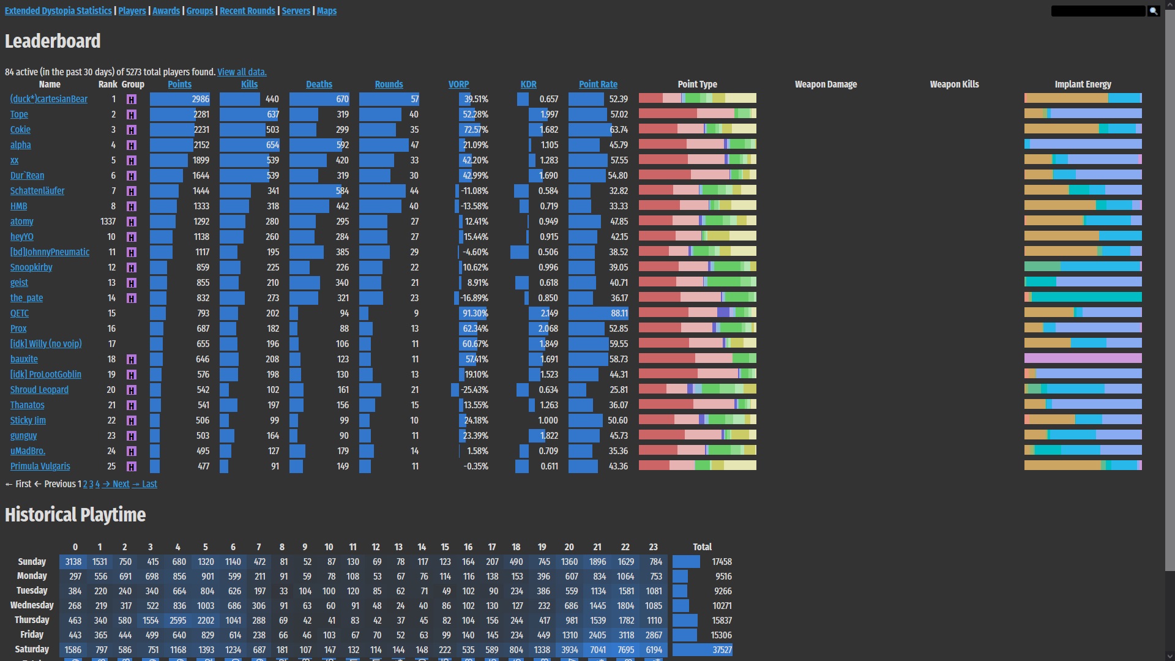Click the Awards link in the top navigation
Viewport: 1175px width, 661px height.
[x=166, y=11]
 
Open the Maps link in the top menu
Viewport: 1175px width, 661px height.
[x=326, y=11]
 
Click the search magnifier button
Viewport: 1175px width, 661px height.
[x=1153, y=11]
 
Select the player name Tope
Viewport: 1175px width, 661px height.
[x=19, y=114]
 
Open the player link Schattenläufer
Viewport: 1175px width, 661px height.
[x=37, y=191]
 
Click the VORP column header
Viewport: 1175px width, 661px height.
[x=458, y=84]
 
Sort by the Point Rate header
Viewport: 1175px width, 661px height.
[x=598, y=84]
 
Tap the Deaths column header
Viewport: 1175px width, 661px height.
[x=319, y=84]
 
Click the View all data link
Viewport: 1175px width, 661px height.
[x=242, y=72]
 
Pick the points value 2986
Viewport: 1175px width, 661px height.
[x=200, y=99]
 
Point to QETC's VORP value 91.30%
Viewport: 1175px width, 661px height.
[x=475, y=313]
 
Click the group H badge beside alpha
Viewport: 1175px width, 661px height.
[x=131, y=145]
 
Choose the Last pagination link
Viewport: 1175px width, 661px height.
[x=149, y=484]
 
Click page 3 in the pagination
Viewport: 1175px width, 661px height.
[x=91, y=484]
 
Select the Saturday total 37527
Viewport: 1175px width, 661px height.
[x=722, y=650]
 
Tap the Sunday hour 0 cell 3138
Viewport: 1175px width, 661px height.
[x=73, y=562]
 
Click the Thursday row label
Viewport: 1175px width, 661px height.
[x=32, y=620]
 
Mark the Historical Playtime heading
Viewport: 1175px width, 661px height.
[x=75, y=515]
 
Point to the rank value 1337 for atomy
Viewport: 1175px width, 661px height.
[x=108, y=222]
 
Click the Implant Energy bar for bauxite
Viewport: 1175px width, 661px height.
[x=1083, y=359]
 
